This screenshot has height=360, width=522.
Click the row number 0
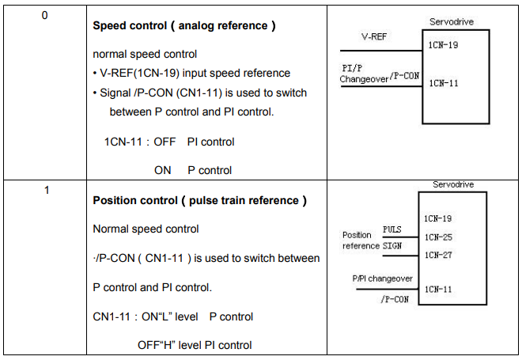coord(44,15)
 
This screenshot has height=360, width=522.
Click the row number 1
coord(47,190)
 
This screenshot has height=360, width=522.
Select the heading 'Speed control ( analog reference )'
coord(184,26)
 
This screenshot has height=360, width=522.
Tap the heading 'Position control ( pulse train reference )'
coord(200,200)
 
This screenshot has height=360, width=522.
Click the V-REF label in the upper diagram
coord(374,36)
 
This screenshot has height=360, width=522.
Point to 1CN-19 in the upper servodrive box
coord(443,45)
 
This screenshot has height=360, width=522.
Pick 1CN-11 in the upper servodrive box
coord(444,83)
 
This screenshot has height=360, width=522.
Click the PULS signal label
coord(391,229)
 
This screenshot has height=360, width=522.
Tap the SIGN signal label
coord(392,246)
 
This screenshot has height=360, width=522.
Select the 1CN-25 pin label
coord(438,237)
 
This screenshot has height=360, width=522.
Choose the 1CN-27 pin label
coord(438,255)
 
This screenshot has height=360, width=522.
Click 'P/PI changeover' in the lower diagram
coord(383,279)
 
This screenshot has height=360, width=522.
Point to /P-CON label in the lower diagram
coord(395,299)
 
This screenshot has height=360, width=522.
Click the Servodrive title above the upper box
coord(452,22)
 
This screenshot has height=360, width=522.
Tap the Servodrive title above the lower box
coord(453,184)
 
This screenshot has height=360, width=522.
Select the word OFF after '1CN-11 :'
coord(165,142)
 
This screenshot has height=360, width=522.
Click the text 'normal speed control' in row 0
coord(145,55)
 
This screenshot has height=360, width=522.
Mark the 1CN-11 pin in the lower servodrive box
coord(438,289)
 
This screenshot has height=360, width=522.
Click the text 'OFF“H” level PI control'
coord(195,345)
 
